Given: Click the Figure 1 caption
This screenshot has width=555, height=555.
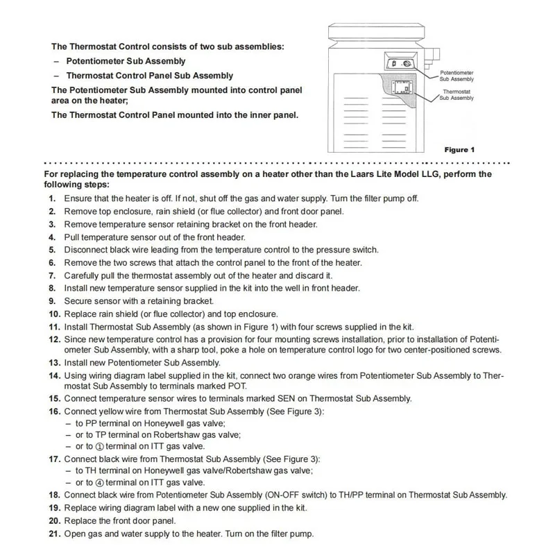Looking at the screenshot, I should (x=459, y=150).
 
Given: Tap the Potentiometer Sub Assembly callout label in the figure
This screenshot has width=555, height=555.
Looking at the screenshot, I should (x=456, y=76).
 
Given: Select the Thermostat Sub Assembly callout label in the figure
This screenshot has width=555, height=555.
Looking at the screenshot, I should (x=456, y=94).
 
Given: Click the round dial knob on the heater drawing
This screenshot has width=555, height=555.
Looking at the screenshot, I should (x=407, y=63).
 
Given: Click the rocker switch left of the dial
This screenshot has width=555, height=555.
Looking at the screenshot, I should (x=393, y=63).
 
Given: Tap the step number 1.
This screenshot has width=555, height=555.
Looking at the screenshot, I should (x=52, y=198).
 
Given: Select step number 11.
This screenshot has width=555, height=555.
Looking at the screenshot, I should (x=53, y=327).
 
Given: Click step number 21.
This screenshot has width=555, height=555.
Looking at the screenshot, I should (x=53, y=533).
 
